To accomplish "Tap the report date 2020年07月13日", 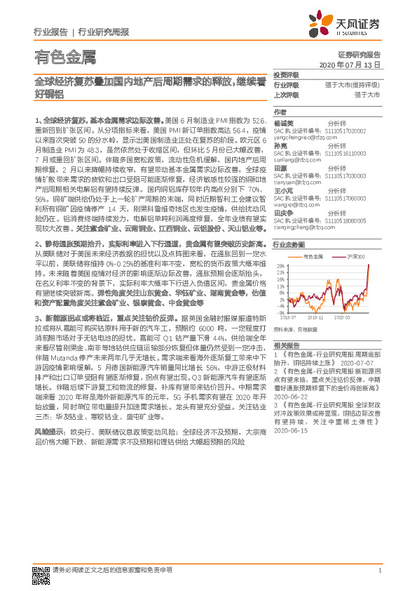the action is [349, 65].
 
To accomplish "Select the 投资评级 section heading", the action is [286, 75].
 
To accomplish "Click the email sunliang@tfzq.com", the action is [293, 159].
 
